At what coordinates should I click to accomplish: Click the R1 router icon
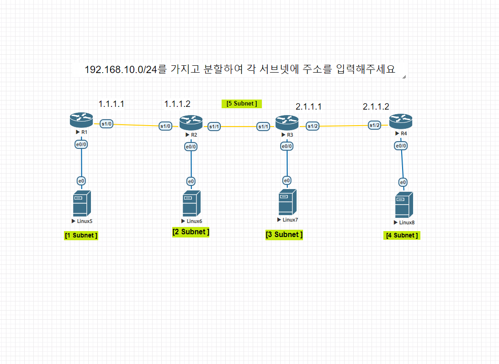[81, 121]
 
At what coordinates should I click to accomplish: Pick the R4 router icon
[401, 121]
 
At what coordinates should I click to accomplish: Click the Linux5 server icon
[82, 204]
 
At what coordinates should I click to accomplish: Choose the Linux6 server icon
[191, 204]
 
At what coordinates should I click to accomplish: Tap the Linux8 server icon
[404, 205]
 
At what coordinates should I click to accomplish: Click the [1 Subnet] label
[81, 236]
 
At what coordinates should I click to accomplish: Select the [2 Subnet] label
[191, 232]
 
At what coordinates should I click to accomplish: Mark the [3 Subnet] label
[284, 235]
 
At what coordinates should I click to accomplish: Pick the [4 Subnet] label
[402, 236]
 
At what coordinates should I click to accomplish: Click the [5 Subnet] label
[242, 104]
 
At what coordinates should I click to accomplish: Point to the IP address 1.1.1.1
[111, 104]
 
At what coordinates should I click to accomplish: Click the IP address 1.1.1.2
[177, 104]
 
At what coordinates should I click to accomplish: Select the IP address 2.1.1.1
[308, 107]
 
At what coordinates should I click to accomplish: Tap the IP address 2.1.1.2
[376, 107]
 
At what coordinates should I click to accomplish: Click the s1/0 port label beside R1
[107, 123]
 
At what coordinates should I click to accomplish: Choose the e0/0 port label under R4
[401, 146]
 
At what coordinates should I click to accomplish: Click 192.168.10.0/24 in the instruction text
[121, 70]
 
